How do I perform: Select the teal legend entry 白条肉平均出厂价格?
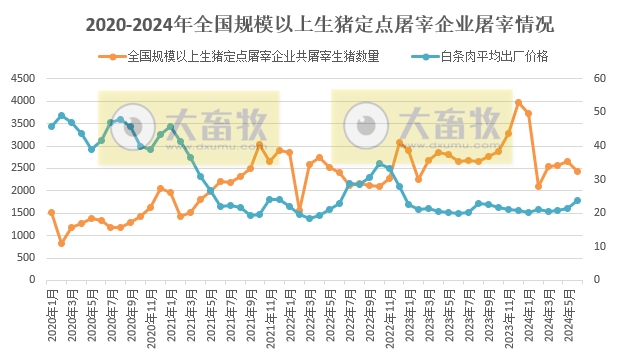[x=490, y=56]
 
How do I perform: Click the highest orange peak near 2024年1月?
[x=518, y=102]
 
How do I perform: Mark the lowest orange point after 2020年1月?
[x=61, y=243]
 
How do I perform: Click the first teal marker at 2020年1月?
[x=51, y=126]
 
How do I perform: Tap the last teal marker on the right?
[x=577, y=200]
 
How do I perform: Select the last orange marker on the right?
[x=577, y=171]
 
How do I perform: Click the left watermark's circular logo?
[x=127, y=124]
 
